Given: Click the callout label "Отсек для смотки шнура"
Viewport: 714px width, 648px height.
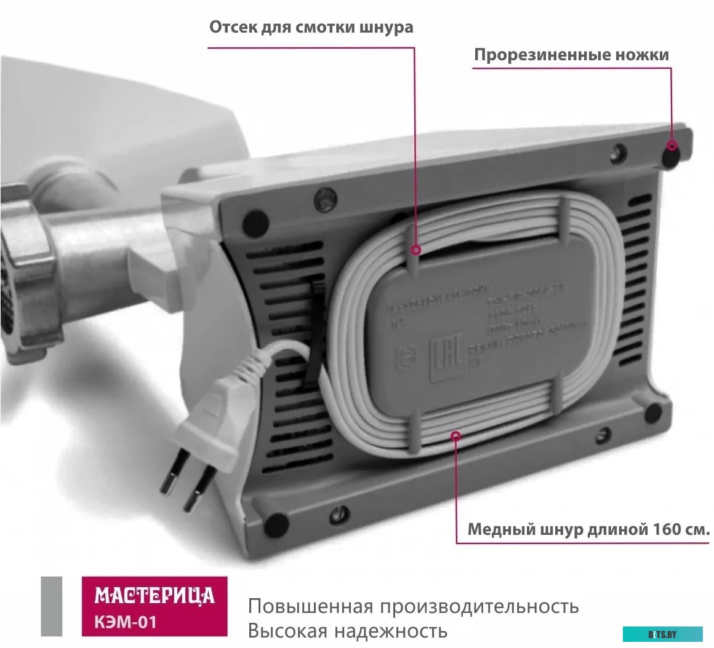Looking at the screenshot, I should pos(311,28).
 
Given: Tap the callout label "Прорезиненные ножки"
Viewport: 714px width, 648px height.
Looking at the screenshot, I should pos(571,55).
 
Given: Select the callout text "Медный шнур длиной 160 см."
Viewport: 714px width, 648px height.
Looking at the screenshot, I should pos(589,530).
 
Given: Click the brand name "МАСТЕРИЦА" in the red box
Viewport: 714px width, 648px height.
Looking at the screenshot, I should pos(154,596).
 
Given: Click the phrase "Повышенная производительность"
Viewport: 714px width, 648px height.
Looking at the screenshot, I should pos(413,607).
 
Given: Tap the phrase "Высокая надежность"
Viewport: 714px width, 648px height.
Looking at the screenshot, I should pos(347,631).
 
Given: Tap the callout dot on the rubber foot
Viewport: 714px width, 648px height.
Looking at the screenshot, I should pos(672,146).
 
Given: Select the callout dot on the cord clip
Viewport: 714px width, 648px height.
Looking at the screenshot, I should pos(417,250).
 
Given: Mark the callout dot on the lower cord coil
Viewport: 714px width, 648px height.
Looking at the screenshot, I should pos(456,436).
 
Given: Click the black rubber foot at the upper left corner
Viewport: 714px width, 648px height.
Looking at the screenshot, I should pos(254,219).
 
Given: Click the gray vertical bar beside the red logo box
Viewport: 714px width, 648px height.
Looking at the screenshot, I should pos(52,606).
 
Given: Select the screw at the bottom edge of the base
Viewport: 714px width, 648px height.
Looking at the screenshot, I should pos(338,513).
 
